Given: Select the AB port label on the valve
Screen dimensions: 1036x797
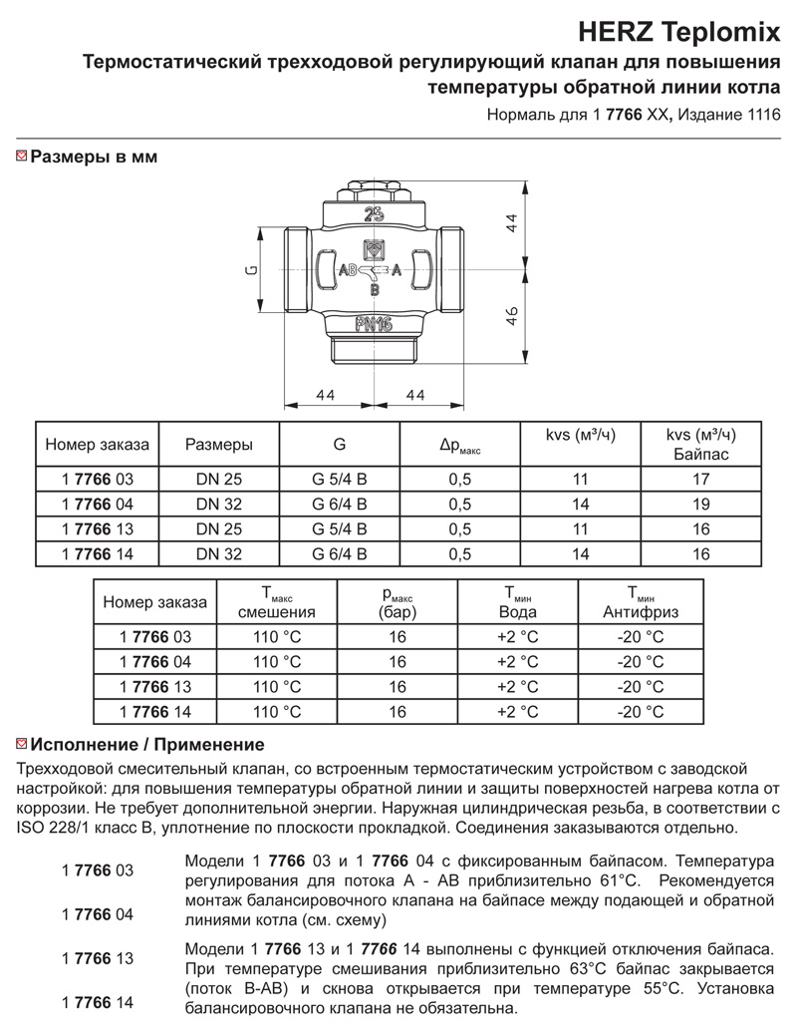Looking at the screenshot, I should pos(348,271).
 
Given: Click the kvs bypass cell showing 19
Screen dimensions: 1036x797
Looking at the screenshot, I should pos(701,504).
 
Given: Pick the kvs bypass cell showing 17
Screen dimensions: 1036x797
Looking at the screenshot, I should pos(701,480).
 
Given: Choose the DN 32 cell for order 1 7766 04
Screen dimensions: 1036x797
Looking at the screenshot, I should pos(218,504).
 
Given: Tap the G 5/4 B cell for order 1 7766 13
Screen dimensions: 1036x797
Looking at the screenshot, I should pos(340,528).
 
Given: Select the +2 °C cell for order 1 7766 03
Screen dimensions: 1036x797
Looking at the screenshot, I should pos(517,636).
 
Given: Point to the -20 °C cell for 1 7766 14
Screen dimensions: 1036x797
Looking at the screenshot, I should pos(640,712).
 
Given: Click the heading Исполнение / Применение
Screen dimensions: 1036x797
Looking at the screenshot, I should pos(148,744).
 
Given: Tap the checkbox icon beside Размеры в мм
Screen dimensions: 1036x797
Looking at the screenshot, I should pos(22,157).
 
